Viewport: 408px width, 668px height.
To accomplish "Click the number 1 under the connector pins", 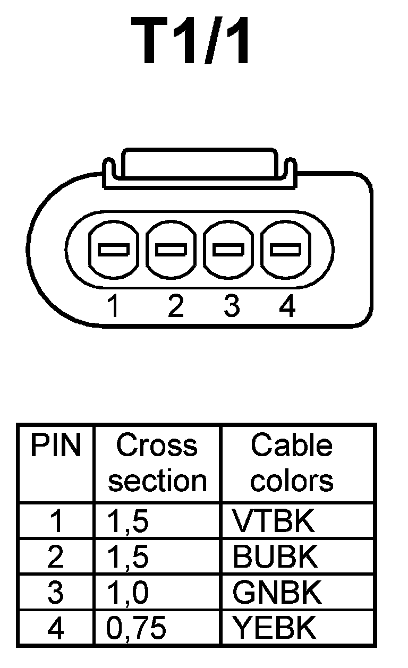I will point(113,306).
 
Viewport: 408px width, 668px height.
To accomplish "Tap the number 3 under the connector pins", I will point(231,306).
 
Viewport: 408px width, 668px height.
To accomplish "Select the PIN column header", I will point(55,446).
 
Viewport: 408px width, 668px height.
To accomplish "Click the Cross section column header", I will point(157,463).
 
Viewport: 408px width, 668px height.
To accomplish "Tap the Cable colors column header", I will point(292,463).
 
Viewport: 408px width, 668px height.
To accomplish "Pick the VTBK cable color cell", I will point(274,521).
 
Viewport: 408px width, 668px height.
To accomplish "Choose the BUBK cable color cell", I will point(275,557).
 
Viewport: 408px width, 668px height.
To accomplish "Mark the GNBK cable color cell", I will point(277,593).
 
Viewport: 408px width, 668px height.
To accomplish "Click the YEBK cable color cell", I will point(275,628).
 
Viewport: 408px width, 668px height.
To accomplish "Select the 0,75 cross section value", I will point(136,628).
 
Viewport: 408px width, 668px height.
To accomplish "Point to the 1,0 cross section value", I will point(128,593).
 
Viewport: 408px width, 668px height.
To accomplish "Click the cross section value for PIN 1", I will point(128,521).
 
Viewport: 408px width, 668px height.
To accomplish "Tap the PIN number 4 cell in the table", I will point(55,628).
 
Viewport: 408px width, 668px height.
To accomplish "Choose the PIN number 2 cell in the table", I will point(55,557).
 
